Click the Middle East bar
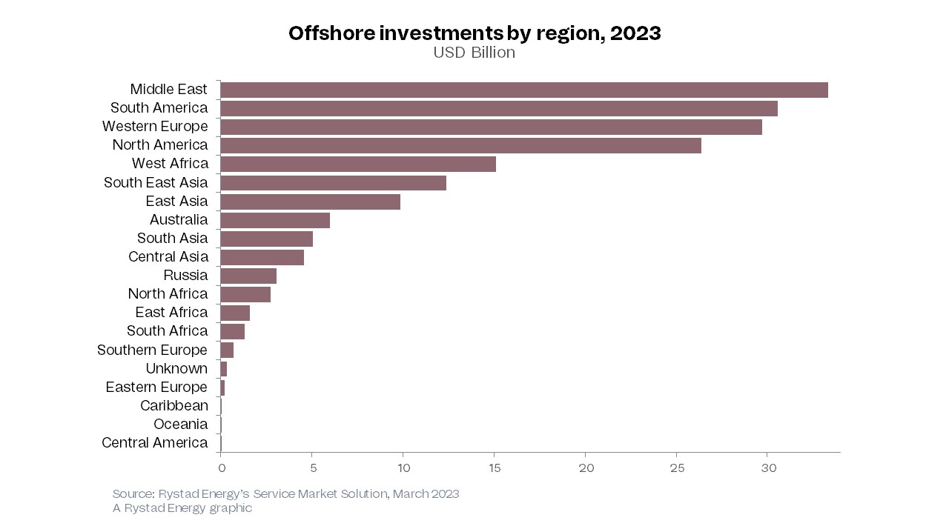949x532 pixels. [x=523, y=90]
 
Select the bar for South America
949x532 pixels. [x=498, y=108]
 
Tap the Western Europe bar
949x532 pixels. [x=491, y=127]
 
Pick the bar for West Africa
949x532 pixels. [x=357, y=164]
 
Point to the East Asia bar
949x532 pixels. [x=310, y=202]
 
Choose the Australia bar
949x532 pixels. [x=274, y=220]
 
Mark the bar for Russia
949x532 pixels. [x=248, y=276]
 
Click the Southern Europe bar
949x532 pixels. [x=227, y=350]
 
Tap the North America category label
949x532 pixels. [x=160, y=144]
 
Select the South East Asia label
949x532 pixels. [x=156, y=182]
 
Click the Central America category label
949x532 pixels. [x=154, y=442]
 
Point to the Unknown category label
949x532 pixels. [x=176, y=368]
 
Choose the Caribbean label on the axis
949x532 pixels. [x=174, y=405]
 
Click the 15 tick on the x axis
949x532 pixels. [x=495, y=468]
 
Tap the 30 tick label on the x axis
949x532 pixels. [x=768, y=468]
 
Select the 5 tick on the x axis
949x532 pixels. [x=312, y=468]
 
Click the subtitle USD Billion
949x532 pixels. [x=474, y=53]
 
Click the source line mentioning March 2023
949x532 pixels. [x=285, y=493]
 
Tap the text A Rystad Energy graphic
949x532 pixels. [x=182, y=508]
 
